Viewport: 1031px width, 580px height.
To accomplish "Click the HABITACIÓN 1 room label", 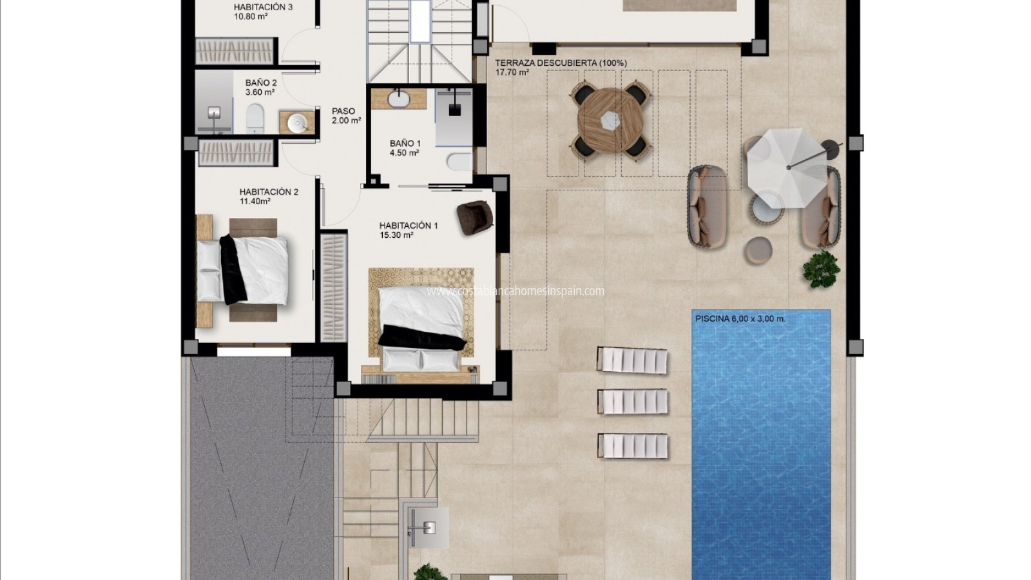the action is click(x=409, y=226).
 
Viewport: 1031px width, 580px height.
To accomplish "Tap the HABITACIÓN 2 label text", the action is click(x=269, y=191).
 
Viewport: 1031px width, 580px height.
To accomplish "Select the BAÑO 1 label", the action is click(x=405, y=143).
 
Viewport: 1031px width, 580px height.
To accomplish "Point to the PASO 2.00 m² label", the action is click(x=346, y=115).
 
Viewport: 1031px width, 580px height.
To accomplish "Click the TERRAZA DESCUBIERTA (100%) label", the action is click(x=561, y=63).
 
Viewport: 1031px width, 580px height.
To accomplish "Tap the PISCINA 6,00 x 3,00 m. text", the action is click(x=740, y=318).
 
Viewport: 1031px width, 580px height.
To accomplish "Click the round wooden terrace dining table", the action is click(x=611, y=121).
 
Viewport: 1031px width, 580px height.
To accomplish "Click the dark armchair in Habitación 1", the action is click(x=474, y=217).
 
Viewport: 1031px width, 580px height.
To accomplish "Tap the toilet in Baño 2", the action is click(x=255, y=119).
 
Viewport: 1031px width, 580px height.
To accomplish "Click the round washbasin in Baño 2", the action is click(x=297, y=123).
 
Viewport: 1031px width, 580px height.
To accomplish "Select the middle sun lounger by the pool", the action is click(x=632, y=401).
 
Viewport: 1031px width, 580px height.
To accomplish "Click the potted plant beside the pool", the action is click(x=821, y=269).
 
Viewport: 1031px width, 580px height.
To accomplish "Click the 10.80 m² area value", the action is click(x=251, y=17).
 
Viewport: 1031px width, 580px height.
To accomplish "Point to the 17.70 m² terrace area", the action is click(x=512, y=72).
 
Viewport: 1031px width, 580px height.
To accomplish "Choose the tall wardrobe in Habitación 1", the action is click(x=333, y=287).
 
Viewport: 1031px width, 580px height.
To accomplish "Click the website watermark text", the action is click(x=515, y=291).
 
